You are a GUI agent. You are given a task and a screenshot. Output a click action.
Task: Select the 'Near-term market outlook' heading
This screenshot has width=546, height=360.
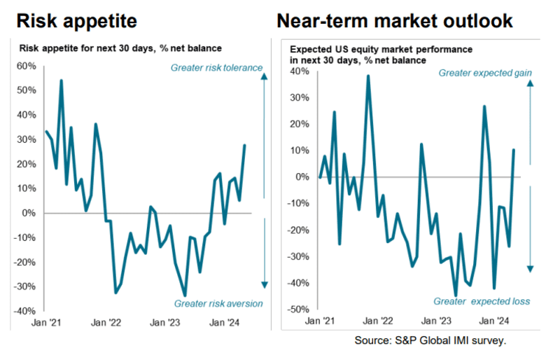click(x=395, y=20)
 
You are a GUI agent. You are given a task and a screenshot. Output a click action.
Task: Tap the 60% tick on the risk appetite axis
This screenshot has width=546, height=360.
click(x=26, y=66)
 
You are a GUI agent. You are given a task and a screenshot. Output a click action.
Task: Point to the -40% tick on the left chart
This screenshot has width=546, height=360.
click(x=24, y=311)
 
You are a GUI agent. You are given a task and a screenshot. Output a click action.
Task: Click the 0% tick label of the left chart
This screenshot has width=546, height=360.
click(x=29, y=213)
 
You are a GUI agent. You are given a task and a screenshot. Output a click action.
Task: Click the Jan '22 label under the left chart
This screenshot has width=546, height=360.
click(x=106, y=323)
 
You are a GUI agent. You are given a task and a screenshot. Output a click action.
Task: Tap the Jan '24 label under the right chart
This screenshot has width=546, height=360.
click(x=495, y=321)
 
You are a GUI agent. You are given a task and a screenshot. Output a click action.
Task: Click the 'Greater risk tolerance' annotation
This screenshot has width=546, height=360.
click(x=216, y=68)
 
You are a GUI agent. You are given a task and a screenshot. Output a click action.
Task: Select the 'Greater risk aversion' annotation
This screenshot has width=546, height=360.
click(x=217, y=303)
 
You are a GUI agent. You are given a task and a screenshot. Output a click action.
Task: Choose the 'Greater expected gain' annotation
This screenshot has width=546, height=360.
click(x=485, y=73)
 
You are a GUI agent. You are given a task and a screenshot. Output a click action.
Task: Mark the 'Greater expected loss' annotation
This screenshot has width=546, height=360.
click(x=482, y=301)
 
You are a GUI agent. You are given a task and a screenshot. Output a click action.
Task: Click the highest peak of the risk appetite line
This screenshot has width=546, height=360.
click(x=61, y=81)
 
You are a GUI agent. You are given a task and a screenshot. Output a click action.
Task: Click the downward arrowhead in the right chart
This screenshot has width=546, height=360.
click(x=530, y=269)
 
